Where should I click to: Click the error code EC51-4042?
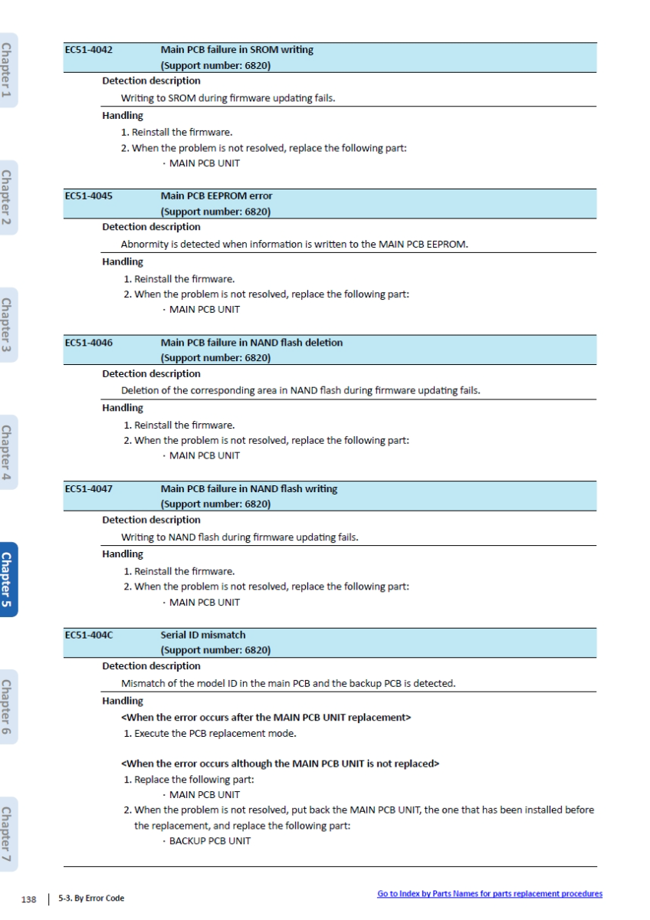[x=89, y=50]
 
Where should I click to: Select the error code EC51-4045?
[x=89, y=196]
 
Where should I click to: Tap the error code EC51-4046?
[x=89, y=343]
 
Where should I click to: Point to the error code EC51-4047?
[x=89, y=489]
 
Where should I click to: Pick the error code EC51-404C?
[x=90, y=636]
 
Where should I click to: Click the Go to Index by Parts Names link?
[x=490, y=894]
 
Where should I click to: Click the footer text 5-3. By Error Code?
[x=90, y=897]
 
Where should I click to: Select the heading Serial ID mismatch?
[x=203, y=636]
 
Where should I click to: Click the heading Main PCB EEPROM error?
[x=216, y=196]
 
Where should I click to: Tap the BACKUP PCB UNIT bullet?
[x=209, y=841]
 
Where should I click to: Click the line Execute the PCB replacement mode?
[x=210, y=734]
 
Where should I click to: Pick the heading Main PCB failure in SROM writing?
[x=237, y=50]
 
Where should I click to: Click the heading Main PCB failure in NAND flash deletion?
[x=251, y=343]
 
